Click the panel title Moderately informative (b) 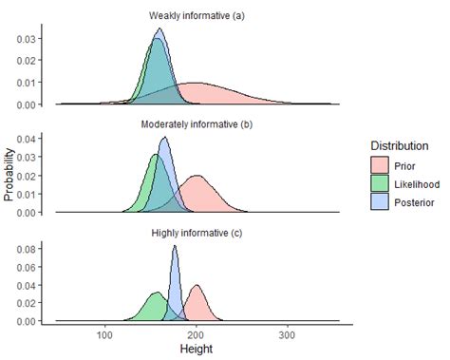tap(195, 124)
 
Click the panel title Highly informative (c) tap(195, 233)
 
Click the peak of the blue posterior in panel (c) tap(175, 247)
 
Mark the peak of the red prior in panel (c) tap(197, 286)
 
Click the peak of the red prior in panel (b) tap(197, 176)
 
